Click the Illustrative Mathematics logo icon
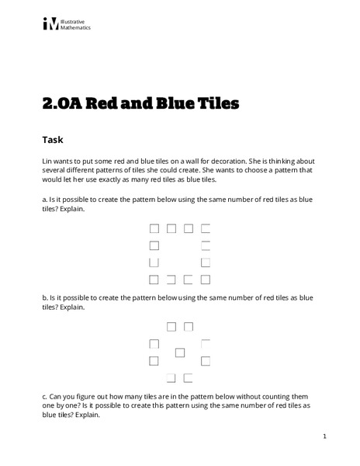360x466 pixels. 50,24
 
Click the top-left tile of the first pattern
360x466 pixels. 154,228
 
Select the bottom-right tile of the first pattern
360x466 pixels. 206,279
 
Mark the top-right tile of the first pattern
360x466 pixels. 206,228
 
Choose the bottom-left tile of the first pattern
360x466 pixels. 154,279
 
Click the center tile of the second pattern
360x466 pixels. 180,352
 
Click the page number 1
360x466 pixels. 324,436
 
